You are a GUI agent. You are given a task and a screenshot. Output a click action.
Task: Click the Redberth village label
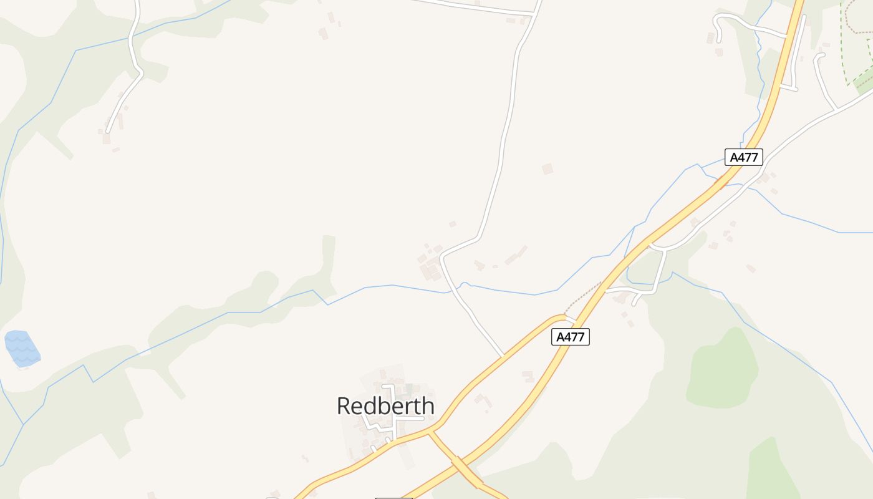(x=385, y=406)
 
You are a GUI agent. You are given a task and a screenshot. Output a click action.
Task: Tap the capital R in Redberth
(x=344, y=406)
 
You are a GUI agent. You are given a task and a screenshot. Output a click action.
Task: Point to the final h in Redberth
(x=427, y=406)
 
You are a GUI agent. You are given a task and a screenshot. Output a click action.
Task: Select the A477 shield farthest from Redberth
(x=744, y=157)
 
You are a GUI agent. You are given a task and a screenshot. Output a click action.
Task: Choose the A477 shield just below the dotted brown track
(x=571, y=337)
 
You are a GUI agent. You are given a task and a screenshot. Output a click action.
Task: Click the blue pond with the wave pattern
(x=22, y=348)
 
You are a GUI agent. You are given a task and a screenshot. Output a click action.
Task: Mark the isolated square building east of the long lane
(x=547, y=168)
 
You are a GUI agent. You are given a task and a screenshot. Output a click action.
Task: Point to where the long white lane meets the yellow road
(x=503, y=356)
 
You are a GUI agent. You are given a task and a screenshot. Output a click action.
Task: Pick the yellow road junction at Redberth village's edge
(x=430, y=430)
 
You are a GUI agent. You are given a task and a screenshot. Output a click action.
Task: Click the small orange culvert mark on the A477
(x=721, y=183)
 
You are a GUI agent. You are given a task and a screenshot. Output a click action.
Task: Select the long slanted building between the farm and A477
(x=515, y=255)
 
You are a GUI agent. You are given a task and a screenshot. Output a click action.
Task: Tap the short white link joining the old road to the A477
(x=568, y=319)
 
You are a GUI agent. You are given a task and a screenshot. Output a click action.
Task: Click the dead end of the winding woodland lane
(x=107, y=132)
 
